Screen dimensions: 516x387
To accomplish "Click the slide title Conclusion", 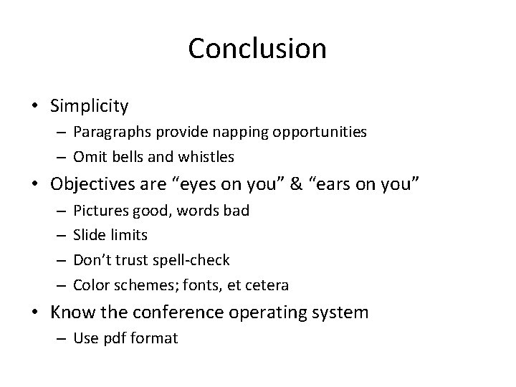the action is [x=257, y=49].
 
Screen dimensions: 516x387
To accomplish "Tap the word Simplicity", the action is [x=90, y=107].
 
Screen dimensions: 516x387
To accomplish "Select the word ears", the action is [x=338, y=183].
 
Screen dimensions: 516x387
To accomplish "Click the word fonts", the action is [x=213, y=285].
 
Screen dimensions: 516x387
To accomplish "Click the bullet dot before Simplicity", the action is [x=34, y=107].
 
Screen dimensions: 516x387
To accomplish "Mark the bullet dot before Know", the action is [x=34, y=312].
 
